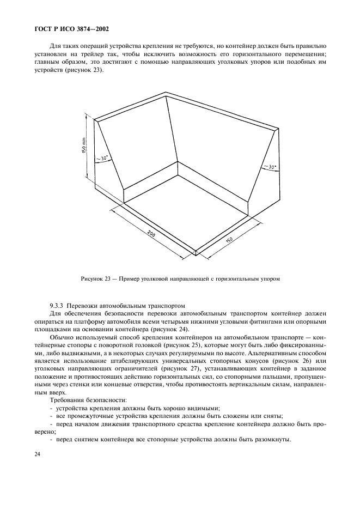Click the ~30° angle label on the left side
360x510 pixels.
pyautogui.click(x=102, y=159)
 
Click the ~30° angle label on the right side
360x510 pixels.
pyautogui.click(x=269, y=167)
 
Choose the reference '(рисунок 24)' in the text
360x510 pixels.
pyautogui.click(x=173, y=330)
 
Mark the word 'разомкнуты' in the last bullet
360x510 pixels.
pyautogui.click(x=273, y=440)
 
